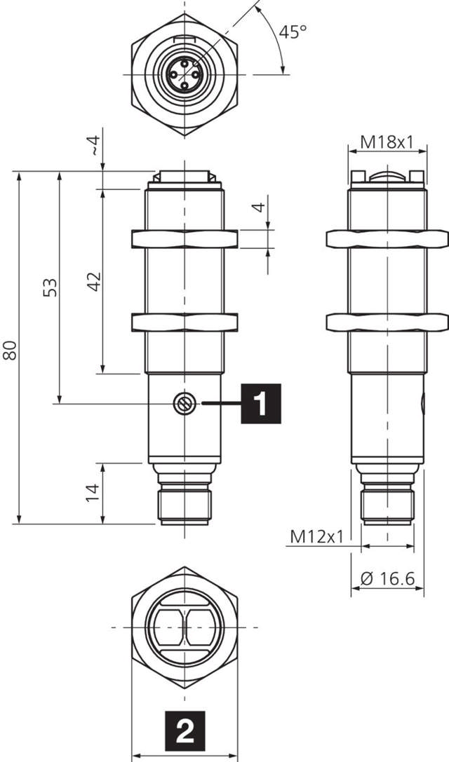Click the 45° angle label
[293, 32]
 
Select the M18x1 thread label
[387, 142]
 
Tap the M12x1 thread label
[316, 536]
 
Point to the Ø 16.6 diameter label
[387, 578]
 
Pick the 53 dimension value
[50, 287]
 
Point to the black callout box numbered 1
[261, 404]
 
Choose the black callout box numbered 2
[184, 732]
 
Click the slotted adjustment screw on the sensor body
[183, 403]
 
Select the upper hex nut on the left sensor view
[185, 239]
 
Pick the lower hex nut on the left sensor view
[185, 322]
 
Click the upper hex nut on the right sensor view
[387, 239]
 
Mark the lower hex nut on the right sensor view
[387, 322]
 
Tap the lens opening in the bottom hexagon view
[185, 627]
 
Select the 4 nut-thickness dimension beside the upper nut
[259, 207]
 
